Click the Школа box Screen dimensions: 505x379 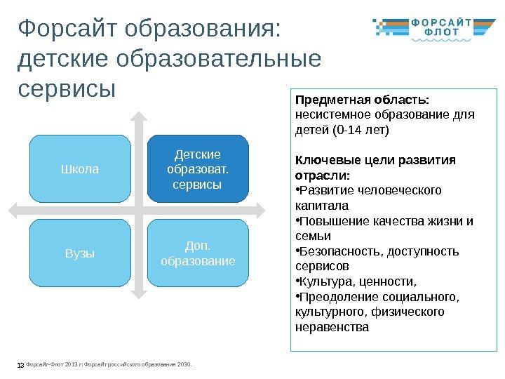[x=81, y=169]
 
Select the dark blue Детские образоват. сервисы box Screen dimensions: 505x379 [x=198, y=169]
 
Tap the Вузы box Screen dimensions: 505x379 [x=81, y=253]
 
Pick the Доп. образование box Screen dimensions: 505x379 [x=198, y=253]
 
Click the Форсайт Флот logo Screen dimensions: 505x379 [x=431, y=29]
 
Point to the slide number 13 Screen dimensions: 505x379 [x=19, y=364]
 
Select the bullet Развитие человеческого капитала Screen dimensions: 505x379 [x=369, y=198]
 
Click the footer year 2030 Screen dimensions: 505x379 [x=184, y=364]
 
